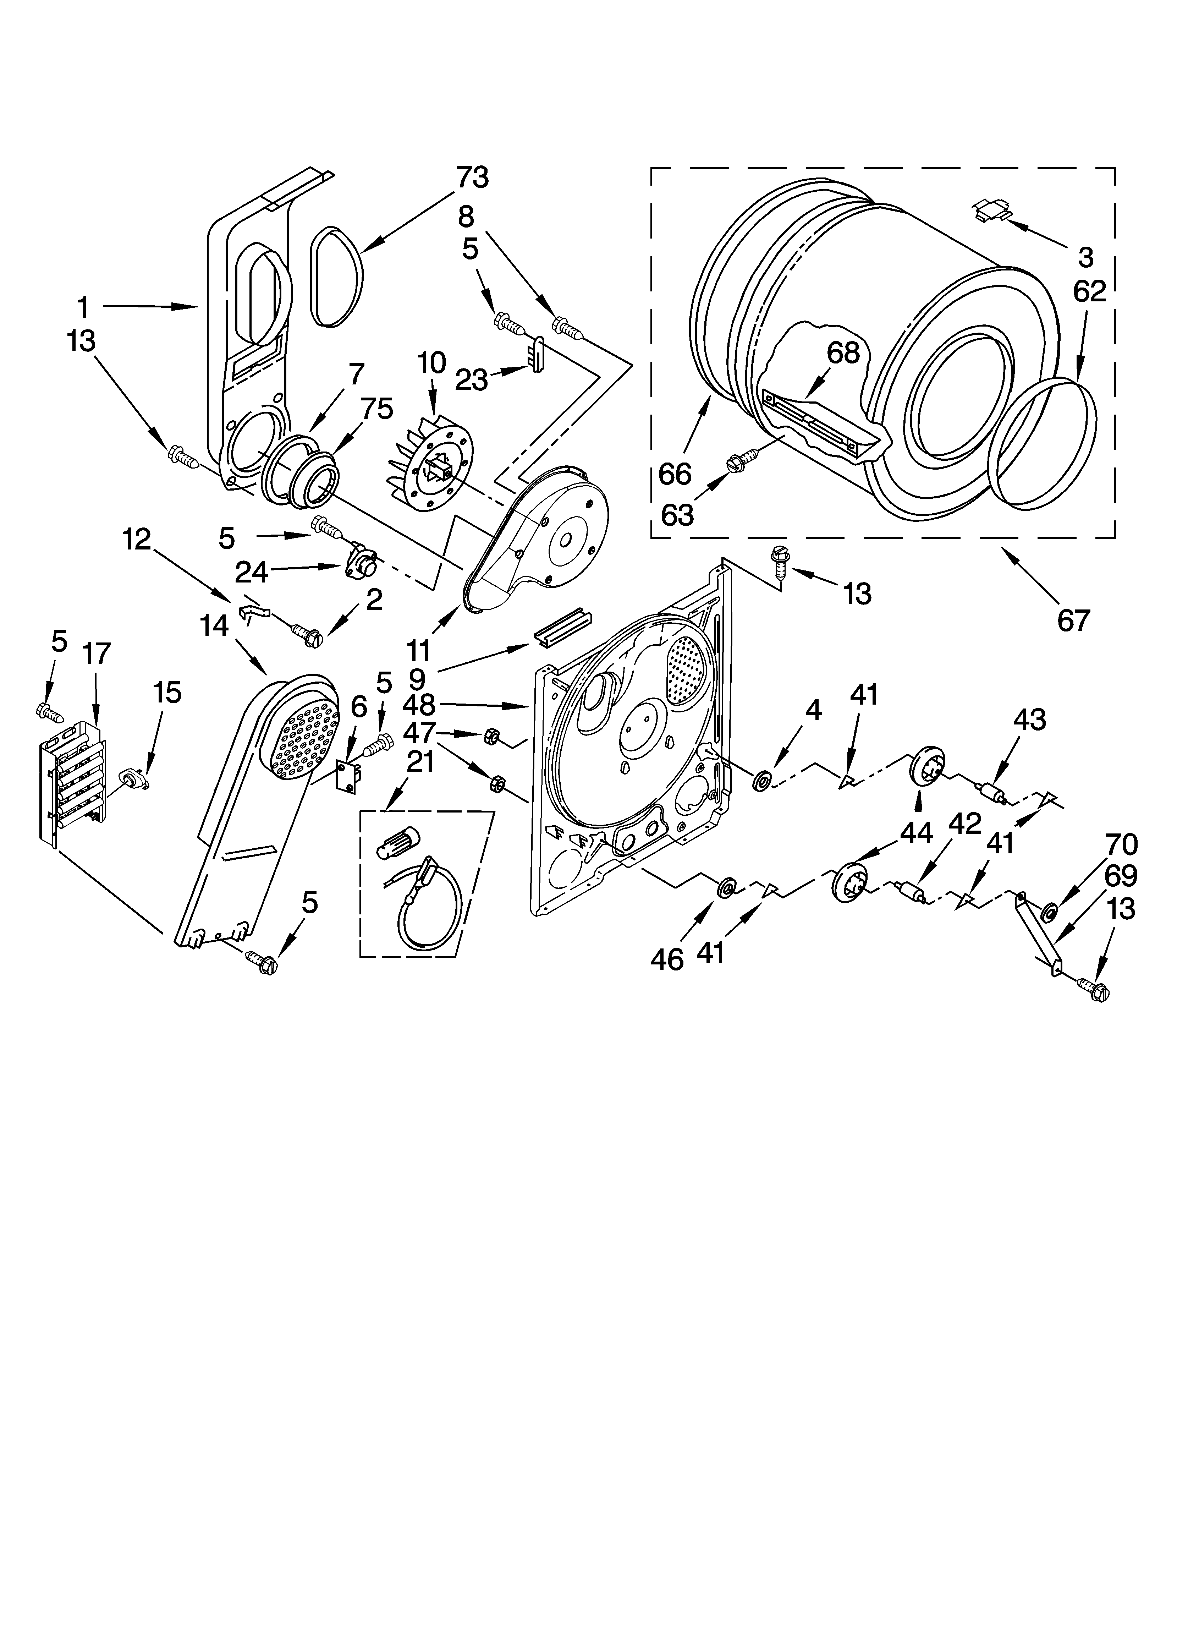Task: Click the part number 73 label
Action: coord(472,177)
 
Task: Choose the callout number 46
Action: coord(666,959)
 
